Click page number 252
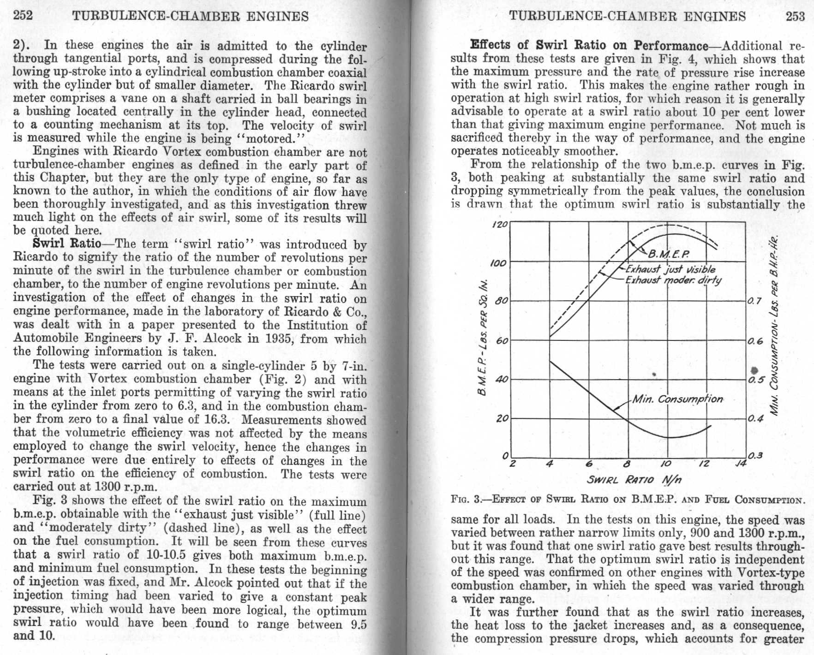23,16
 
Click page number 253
795,16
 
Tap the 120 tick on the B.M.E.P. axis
500,225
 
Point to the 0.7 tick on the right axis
754,301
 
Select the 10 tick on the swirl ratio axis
666,464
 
